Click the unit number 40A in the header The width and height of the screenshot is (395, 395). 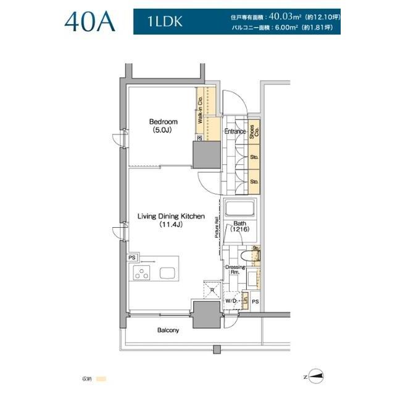pyautogui.click(x=89, y=23)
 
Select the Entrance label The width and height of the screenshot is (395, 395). pyautogui.click(x=235, y=131)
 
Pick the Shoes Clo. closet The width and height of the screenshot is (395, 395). pyautogui.click(x=254, y=134)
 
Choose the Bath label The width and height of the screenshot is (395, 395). pyautogui.click(x=239, y=225)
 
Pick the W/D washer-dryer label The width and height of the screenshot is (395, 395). pyautogui.click(x=231, y=301)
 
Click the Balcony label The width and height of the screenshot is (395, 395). pyautogui.click(x=168, y=330)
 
